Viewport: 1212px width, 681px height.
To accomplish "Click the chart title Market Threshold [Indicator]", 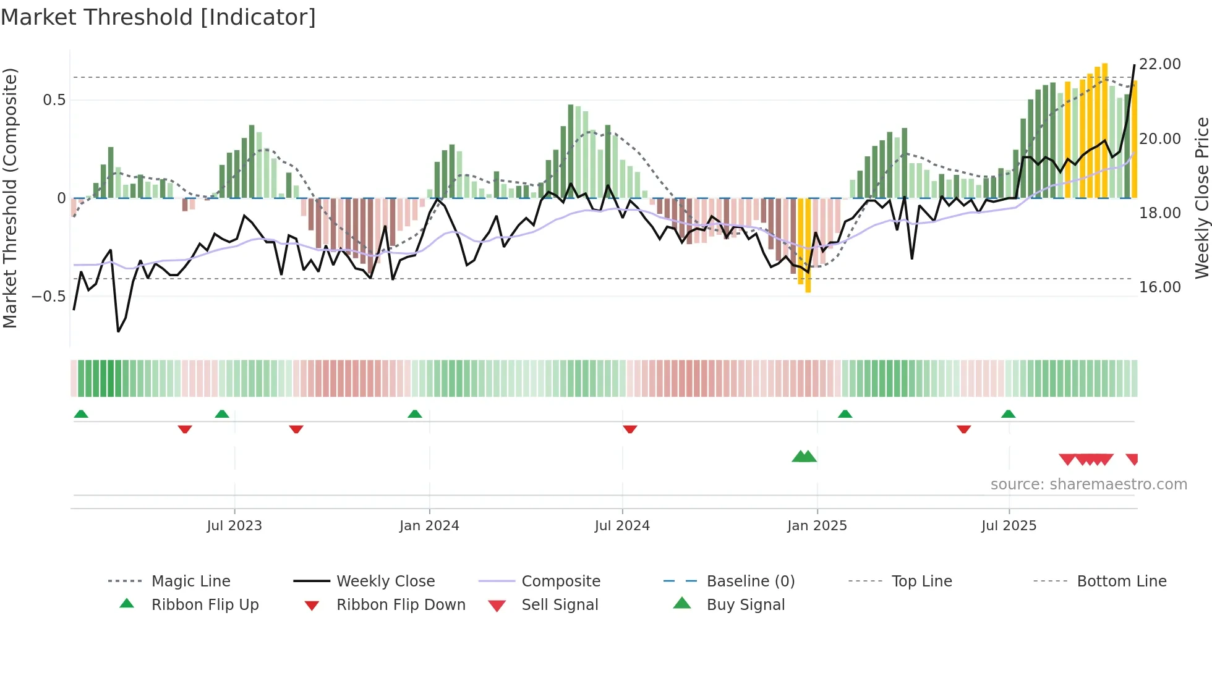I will pos(158,17).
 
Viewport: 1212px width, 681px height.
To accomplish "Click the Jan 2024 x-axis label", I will pos(429,526).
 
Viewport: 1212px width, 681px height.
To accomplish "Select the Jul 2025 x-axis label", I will pos(1009,526).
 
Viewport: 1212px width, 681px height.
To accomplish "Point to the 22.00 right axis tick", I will pos(1160,64).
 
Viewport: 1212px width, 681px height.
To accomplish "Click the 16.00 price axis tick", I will pos(1160,287).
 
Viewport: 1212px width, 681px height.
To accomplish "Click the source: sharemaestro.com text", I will pos(1088,484).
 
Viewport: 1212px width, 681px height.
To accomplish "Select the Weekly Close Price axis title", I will pos(1201,198).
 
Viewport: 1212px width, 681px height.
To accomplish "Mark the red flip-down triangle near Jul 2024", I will pos(629,429).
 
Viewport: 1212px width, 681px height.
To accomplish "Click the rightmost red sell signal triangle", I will pos(1132,459).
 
